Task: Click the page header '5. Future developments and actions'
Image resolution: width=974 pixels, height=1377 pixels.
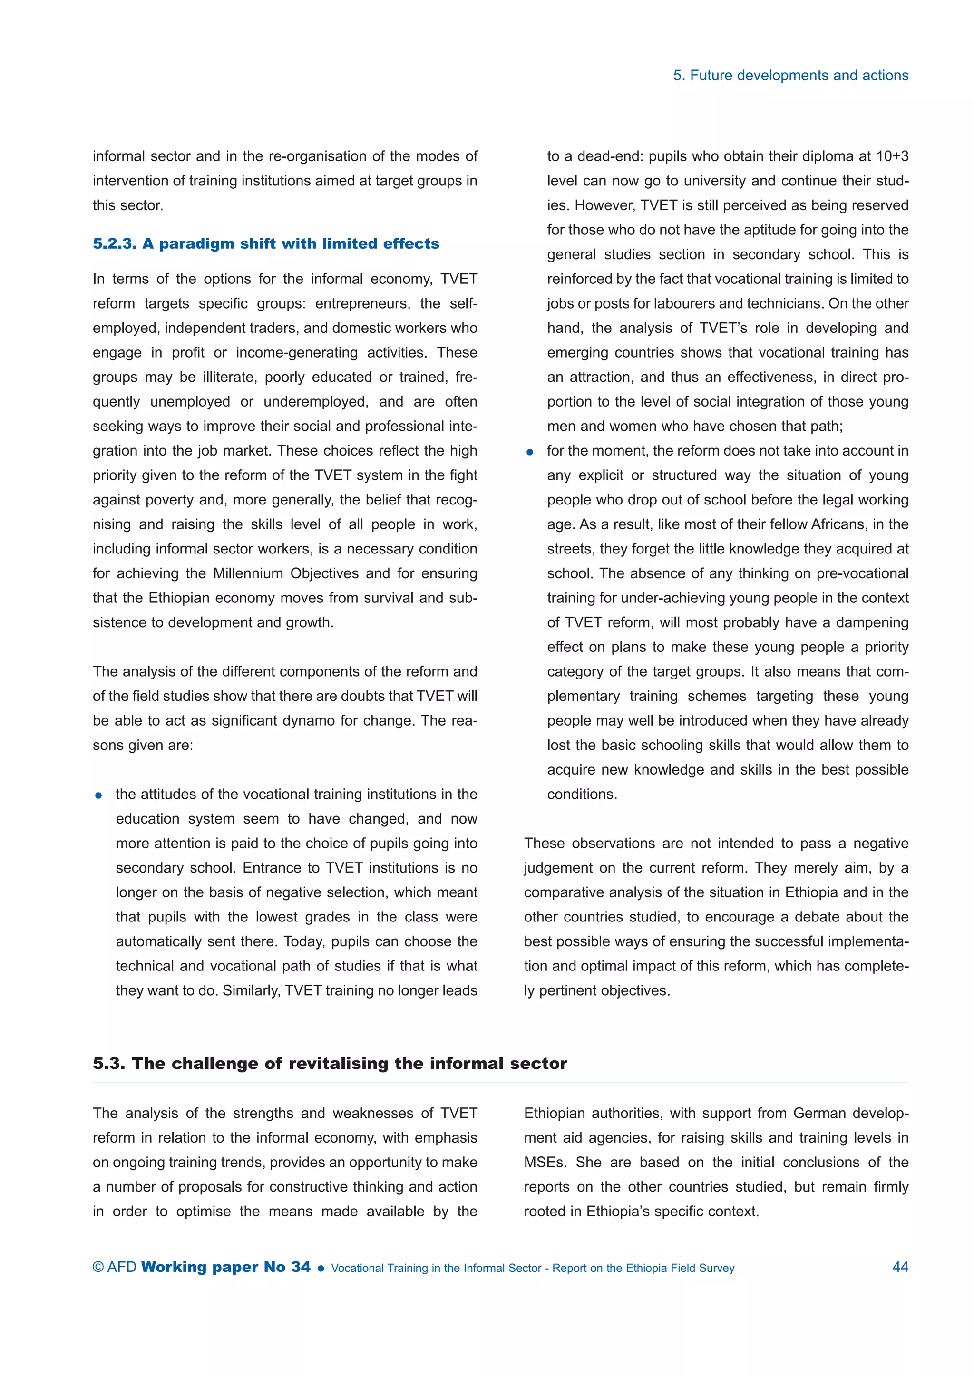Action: pyautogui.click(x=790, y=76)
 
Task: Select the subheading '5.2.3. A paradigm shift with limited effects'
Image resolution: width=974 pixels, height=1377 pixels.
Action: pyautogui.click(x=266, y=243)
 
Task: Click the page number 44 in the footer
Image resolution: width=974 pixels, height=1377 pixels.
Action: pyautogui.click(x=900, y=1267)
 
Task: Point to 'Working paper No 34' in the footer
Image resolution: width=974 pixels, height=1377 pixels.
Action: pyautogui.click(x=225, y=1267)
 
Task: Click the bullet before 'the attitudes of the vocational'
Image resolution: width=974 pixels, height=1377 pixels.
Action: pyautogui.click(x=99, y=796)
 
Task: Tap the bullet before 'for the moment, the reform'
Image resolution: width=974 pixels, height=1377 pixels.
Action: pyautogui.click(x=530, y=452)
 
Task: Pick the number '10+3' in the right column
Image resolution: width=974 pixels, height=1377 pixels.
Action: pyautogui.click(x=892, y=156)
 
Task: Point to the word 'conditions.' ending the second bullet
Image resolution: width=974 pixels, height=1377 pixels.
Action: pyautogui.click(x=582, y=794)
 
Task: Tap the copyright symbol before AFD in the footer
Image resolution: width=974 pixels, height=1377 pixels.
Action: pyautogui.click(x=98, y=1267)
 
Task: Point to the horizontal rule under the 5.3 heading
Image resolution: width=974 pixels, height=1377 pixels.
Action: pyautogui.click(x=500, y=1083)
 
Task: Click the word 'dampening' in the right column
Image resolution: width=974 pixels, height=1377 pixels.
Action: pyautogui.click(x=872, y=622)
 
